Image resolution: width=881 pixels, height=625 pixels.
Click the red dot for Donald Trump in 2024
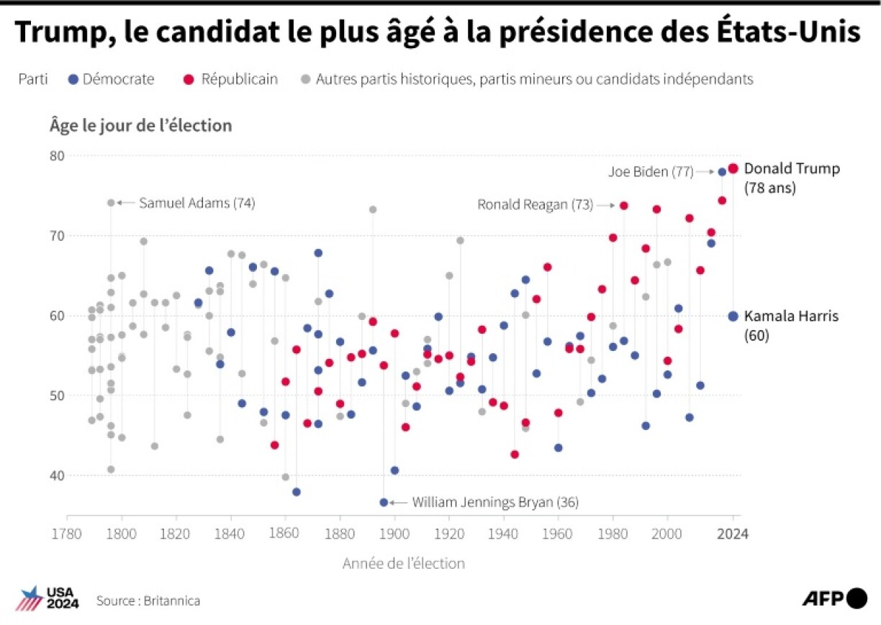pyautogui.click(x=733, y=168)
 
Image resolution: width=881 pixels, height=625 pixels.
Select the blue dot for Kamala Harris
pyautogui.click(x=733, y=316)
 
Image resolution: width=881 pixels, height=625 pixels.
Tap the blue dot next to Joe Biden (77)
pyautogui.click(x=722, y=172)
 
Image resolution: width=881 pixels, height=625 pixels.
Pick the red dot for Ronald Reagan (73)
pyautogui.click(x=623, y=206)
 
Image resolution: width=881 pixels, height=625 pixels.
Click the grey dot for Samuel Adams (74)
pyautogui.click(x=111, y=203)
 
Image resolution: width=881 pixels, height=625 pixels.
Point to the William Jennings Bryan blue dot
pyautogui.click(x=384, y=502)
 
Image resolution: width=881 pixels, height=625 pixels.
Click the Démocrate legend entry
pyautogui.click(x=111, y=79)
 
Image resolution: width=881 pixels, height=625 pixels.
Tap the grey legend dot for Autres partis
pyautogui.click(x=307, y=79)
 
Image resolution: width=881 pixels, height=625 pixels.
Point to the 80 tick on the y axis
pyautogui.click(x=56, y=156)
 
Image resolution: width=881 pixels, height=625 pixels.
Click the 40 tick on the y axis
pyautogui.click(x=56, y=475)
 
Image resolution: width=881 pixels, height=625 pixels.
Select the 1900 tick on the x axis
pyautogui.click(x=394, y=534)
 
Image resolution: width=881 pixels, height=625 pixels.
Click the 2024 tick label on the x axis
pyautogui.click(x=733, y=534)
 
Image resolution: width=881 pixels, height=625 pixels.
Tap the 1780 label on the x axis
pyautogui.click(x=67, y=534)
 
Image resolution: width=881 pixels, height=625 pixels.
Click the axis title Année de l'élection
pyautogui.click(x=403, y=563)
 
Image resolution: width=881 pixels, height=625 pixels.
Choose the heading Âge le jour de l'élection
pyautogui.click(x=140, y=125)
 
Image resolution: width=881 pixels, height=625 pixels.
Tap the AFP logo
pyautogui.click(x=834, y=598)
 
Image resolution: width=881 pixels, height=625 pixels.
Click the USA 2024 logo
pyautogui.click(x=47, y=598)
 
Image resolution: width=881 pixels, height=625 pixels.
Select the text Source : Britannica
pyautogui.click(x=148, y=601)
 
